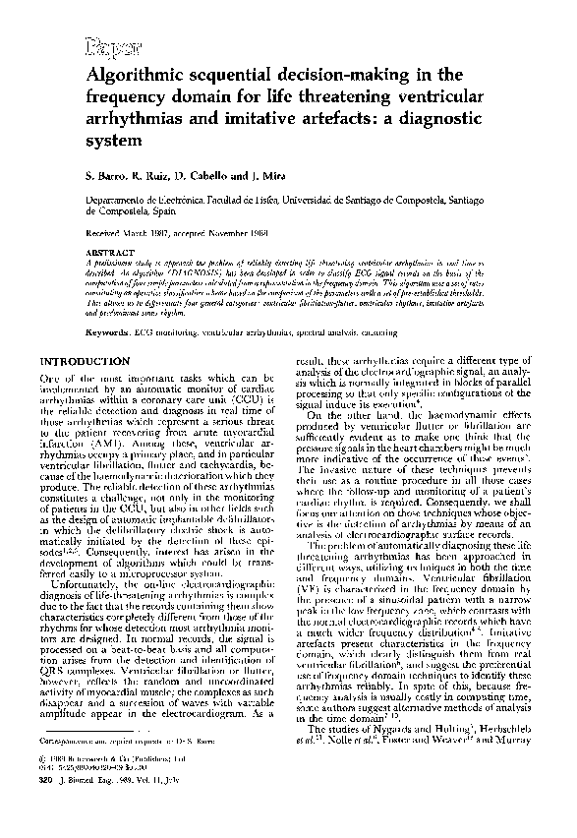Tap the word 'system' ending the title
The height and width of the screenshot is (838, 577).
pyautogui.click(x=116, y=141)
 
